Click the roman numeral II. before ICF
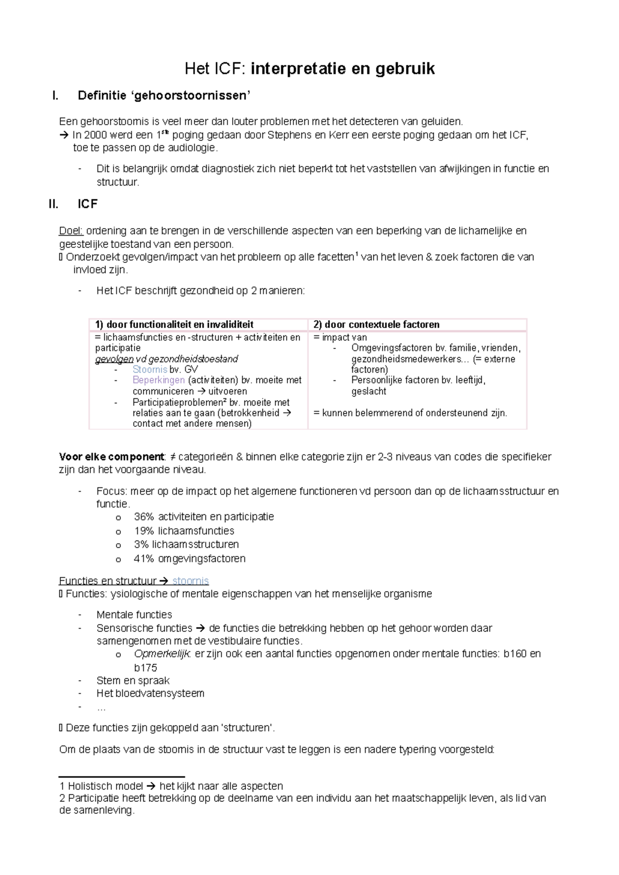[53, 204]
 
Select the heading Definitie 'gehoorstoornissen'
[164, 95]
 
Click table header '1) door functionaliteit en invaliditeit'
[174, 325]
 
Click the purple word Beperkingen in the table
[158, 380]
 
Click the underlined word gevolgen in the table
[114, 359]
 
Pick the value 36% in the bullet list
[143, 517]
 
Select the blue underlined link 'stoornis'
[190, 581]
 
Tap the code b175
[145, 668]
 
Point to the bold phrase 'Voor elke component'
[111, 457]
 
